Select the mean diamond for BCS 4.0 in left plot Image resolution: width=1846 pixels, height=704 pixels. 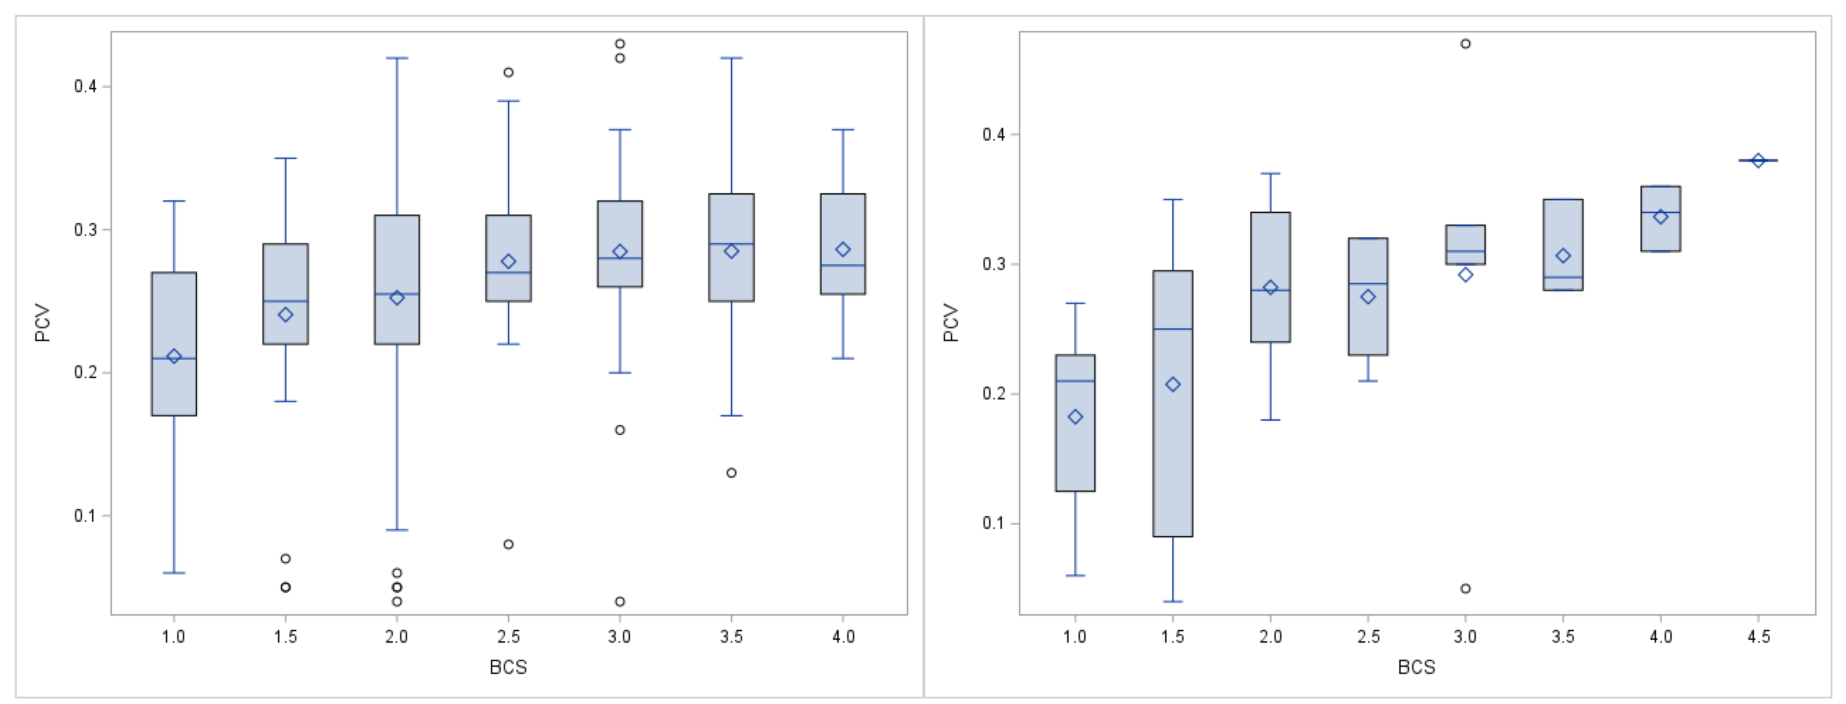pos(843,249)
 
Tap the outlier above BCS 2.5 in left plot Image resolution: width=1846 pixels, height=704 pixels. pos(508,72)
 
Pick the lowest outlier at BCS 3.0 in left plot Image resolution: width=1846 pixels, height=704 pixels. pos(620,601)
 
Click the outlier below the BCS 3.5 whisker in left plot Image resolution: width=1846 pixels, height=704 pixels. pos(731,473)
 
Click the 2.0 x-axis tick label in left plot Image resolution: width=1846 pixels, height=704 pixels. pos(396,636)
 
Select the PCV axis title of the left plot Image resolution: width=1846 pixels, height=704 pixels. pos(43,322)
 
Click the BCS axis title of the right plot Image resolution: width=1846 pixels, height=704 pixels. pos(1416,668)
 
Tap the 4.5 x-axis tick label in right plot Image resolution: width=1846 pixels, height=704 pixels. pos(1758,636)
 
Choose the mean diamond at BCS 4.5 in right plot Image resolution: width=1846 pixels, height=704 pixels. pos(1758,160)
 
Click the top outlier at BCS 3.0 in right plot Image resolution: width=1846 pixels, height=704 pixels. pos(1466,44)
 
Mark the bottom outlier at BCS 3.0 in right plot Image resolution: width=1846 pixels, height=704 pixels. pos(1466,589)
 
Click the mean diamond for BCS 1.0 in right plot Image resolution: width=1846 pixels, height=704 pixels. pos(1075,417)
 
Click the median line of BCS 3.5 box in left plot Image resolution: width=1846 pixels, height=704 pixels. pos(731,244)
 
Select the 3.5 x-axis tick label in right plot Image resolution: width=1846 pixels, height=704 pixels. pos(1563,636)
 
